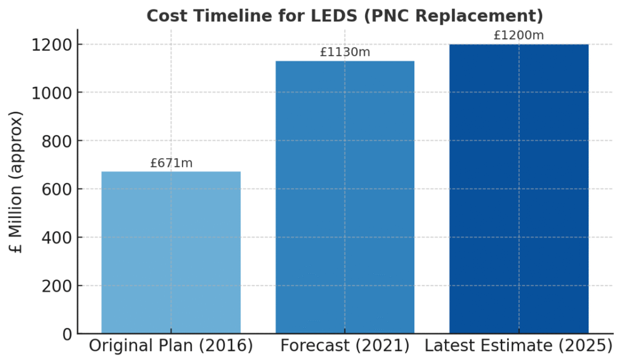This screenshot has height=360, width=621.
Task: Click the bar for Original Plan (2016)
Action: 171,252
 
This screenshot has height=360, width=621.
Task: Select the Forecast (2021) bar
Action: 344,197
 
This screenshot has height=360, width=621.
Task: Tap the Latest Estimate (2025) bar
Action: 519,188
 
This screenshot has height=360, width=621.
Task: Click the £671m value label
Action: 171,163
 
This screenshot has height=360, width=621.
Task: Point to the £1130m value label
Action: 344,53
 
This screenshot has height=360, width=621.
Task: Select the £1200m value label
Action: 519,35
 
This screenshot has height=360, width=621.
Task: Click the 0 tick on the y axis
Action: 66,334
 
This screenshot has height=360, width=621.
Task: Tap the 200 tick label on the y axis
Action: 56,285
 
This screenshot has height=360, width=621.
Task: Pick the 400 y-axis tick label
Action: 56,238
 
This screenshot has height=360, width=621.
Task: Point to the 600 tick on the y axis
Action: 56,189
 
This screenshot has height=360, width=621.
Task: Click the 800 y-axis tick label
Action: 56,141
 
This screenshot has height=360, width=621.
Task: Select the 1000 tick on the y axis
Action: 52,93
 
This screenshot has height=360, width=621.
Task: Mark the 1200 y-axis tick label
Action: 52,45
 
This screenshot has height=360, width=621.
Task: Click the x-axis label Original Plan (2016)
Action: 171,346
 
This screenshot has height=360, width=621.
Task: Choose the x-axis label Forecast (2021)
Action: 344,346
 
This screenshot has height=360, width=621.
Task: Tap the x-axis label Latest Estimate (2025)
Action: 519,346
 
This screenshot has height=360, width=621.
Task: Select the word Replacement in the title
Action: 472,15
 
